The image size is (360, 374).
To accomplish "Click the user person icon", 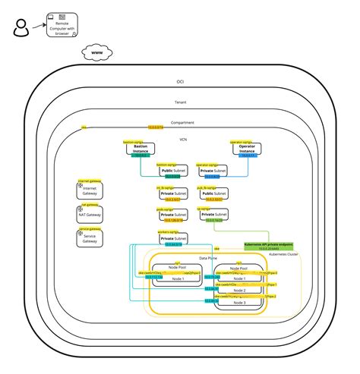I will [21, 30].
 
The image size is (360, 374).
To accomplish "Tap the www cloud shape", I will [98, 53].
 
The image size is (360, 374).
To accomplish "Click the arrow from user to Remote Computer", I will [38, 25].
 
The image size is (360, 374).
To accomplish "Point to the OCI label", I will [180, 81].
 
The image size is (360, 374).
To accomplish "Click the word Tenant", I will [180, 102].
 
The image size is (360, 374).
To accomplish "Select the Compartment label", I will [182, 122].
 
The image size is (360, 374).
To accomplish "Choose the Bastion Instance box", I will [141, 149].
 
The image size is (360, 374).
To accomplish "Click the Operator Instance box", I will [246, 149].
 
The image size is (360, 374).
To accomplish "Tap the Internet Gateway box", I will [90, 190].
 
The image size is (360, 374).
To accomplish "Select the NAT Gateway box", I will [90, 215].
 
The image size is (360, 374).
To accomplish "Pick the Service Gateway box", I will [90, 238].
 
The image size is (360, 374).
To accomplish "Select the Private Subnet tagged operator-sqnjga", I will [212, 172].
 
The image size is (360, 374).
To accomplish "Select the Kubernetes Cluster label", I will [283, 255].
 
